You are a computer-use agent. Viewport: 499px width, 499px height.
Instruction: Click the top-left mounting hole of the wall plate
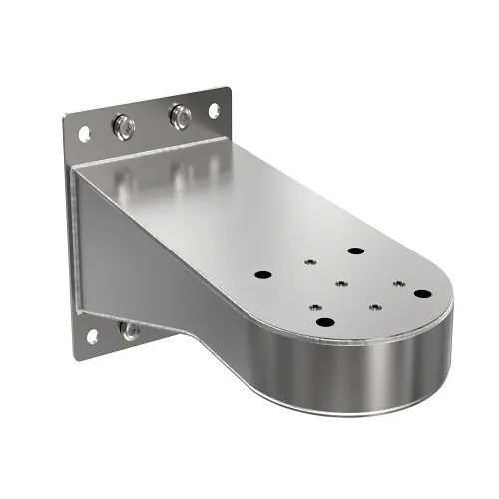[83, 129]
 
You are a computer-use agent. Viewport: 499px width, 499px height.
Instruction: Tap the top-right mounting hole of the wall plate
[212, 109]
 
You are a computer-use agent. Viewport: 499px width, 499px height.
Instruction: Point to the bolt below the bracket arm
[130, 329]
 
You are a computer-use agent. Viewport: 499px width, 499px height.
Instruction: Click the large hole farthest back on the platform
[355, 250]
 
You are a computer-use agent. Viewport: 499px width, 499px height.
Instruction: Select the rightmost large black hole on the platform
[422, 294]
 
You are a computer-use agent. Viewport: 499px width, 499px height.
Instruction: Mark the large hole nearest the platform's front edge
[326, 321]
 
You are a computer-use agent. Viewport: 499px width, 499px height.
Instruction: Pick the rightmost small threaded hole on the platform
[398, 283]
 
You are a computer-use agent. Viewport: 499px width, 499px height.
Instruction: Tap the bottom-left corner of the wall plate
[78, 350]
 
